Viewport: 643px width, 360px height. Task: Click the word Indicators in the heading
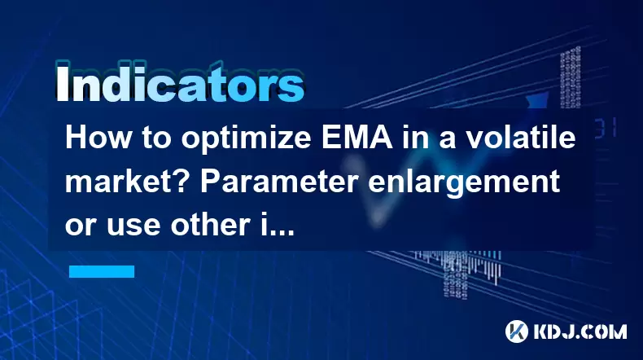click(180, 83)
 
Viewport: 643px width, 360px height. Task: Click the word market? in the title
click(128, 182)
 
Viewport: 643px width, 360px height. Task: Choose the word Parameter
click(280, 182)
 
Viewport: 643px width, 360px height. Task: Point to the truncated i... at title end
click(278, 225)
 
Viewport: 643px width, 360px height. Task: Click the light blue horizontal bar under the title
click(102, 271)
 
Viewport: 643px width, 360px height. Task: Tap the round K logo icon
click(517, 331)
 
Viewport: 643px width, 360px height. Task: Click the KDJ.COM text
click(580, 331)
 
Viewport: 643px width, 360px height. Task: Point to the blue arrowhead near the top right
click(537, 100)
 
